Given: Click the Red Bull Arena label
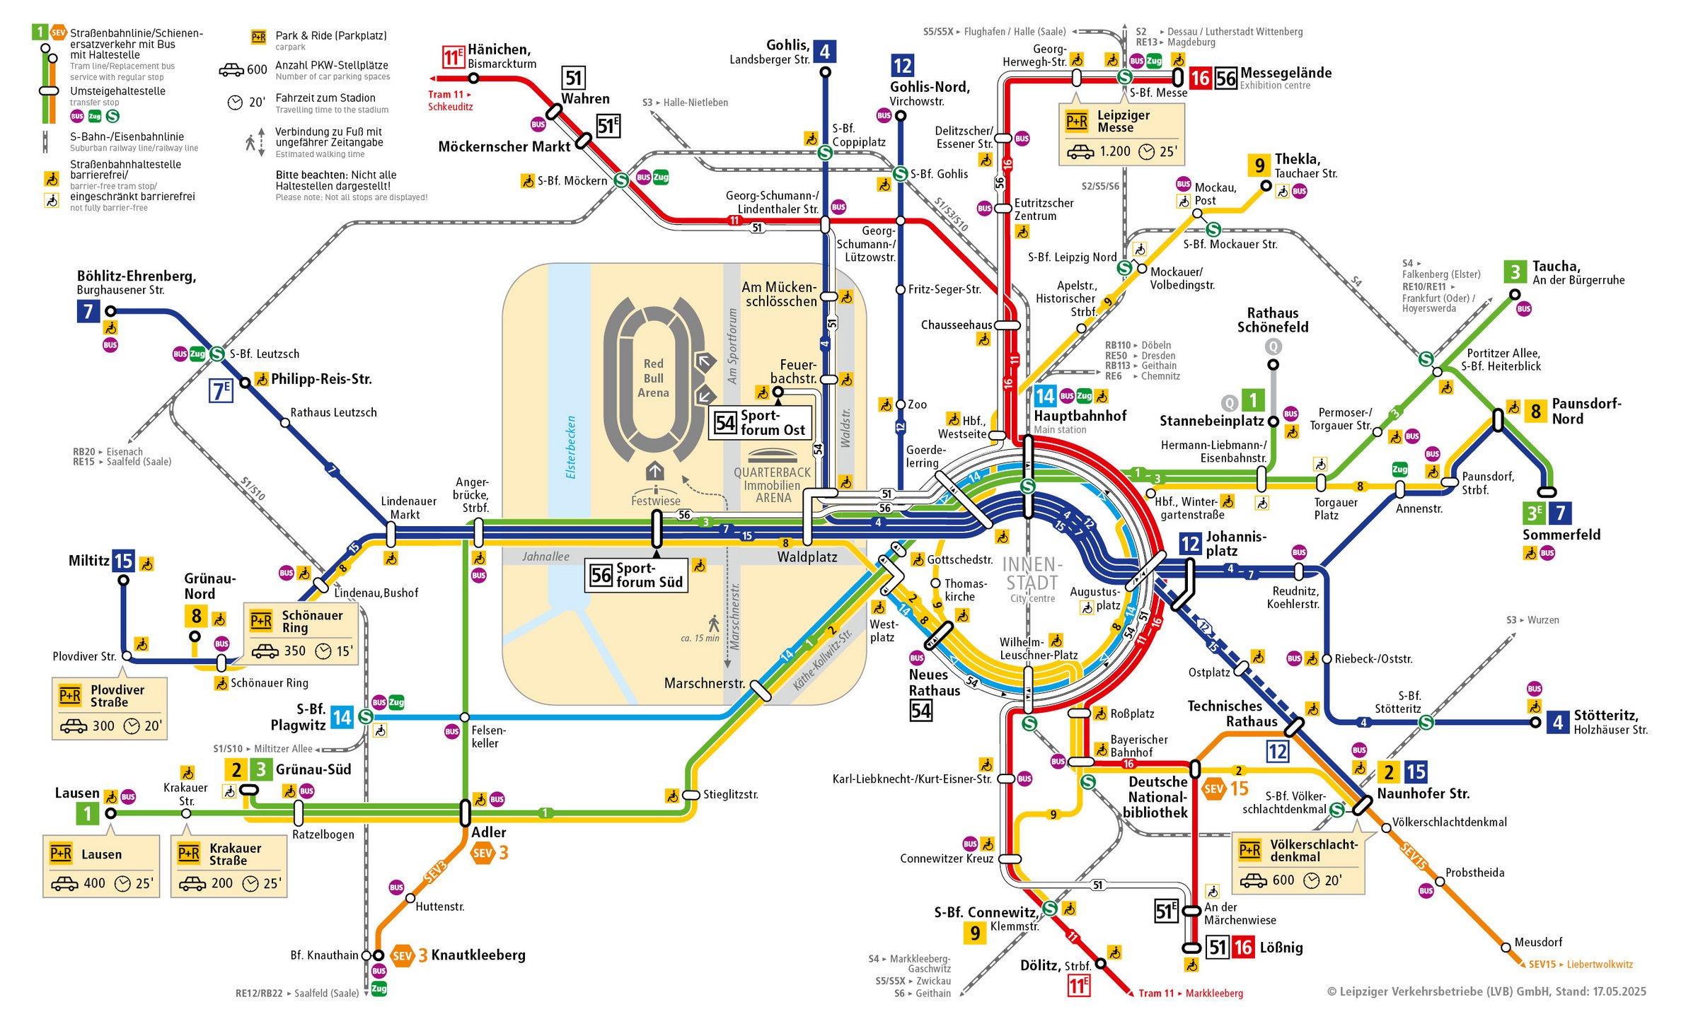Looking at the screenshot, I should click(652, 378).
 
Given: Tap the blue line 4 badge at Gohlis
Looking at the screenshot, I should click(825, 52).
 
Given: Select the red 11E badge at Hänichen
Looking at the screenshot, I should click(453, 57).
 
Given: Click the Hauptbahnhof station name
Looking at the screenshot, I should click(1080, 416).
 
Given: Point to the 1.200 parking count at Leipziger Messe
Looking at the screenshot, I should click(1114, 151).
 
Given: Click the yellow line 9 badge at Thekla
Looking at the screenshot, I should click(1259, 165).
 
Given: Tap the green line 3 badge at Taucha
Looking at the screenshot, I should click(1515, 272).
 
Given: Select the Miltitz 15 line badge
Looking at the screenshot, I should click(123, 561).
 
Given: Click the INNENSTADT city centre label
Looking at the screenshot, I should click(1032, 574).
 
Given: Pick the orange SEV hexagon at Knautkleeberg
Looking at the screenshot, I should click(402, 956).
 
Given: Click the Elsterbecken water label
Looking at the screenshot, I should click(571, 447).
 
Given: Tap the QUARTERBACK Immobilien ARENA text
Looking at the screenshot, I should click(772, 485).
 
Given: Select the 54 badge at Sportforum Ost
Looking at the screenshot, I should click(725, 423).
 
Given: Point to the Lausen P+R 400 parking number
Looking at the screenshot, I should click(94, 883).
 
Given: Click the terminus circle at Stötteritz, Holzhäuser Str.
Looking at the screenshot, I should click(1535, 723).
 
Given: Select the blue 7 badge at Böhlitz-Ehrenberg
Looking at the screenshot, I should click(88, 311).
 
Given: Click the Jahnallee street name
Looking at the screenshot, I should click(545, 557).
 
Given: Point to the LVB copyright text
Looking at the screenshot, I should click(1486, 991).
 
